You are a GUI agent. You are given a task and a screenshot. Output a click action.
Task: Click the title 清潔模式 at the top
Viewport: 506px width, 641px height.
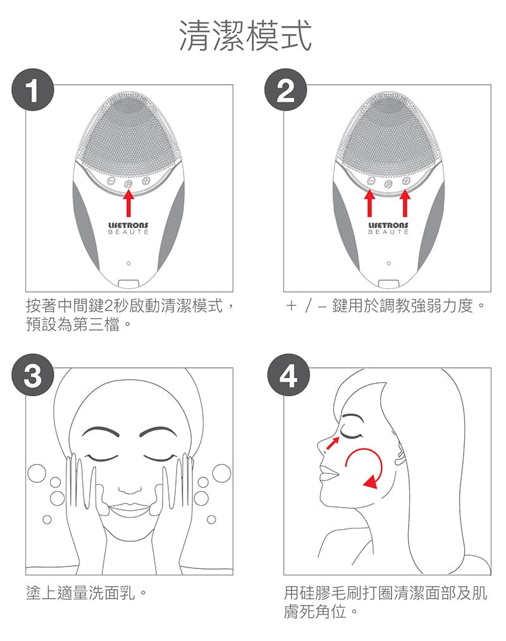click(x=246, y=36)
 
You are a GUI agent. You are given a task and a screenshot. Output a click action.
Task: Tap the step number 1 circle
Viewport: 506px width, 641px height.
click(x=33, y=90)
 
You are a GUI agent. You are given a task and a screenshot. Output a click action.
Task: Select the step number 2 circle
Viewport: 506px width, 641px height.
click(x=285, y=90)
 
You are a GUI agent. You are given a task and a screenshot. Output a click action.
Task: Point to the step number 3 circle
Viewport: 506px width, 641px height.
click(x=33, y=375)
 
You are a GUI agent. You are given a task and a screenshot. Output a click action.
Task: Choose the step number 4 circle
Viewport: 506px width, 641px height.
click(x=288, y=375)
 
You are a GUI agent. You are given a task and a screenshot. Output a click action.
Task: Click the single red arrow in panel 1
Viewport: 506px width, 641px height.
click(x=128, y=203)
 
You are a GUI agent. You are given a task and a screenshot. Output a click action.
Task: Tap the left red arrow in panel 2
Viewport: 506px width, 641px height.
click(x=370, y=203)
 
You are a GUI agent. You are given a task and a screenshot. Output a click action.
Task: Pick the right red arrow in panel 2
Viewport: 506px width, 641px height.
click(x=405, y=203)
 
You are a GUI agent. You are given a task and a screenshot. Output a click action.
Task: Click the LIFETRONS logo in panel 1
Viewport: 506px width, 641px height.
click(x=128, y=228)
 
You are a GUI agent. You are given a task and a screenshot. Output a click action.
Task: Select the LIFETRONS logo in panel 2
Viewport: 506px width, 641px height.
click(x=388, y=228)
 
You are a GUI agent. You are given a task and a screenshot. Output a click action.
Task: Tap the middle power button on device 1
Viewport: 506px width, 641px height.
click(x=128, y=185)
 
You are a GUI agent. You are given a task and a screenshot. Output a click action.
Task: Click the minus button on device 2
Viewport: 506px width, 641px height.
click(x=371, y=181)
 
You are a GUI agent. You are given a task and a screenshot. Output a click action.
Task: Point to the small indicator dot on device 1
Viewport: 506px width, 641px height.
click(x=128, y=263)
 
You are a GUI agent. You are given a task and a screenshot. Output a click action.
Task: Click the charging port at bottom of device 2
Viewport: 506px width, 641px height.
click(x=388, y=284)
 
